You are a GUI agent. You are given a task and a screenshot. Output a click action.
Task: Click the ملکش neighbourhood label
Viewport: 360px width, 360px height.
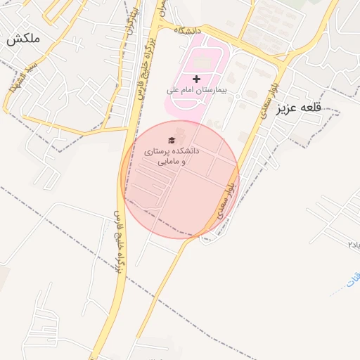22,41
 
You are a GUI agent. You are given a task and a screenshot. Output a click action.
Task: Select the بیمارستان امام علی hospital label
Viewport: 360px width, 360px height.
197,90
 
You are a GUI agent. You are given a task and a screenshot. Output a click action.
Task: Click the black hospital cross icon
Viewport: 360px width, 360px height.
196,78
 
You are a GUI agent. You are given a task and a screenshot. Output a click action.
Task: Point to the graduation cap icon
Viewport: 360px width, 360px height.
173,141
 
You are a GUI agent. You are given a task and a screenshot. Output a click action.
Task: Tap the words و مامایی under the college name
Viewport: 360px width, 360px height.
173,162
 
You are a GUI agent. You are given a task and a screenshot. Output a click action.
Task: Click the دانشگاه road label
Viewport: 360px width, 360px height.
188,31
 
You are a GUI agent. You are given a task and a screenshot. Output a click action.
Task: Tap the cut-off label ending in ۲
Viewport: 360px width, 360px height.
352,243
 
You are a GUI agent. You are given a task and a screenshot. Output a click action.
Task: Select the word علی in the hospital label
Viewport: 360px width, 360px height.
172,90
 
